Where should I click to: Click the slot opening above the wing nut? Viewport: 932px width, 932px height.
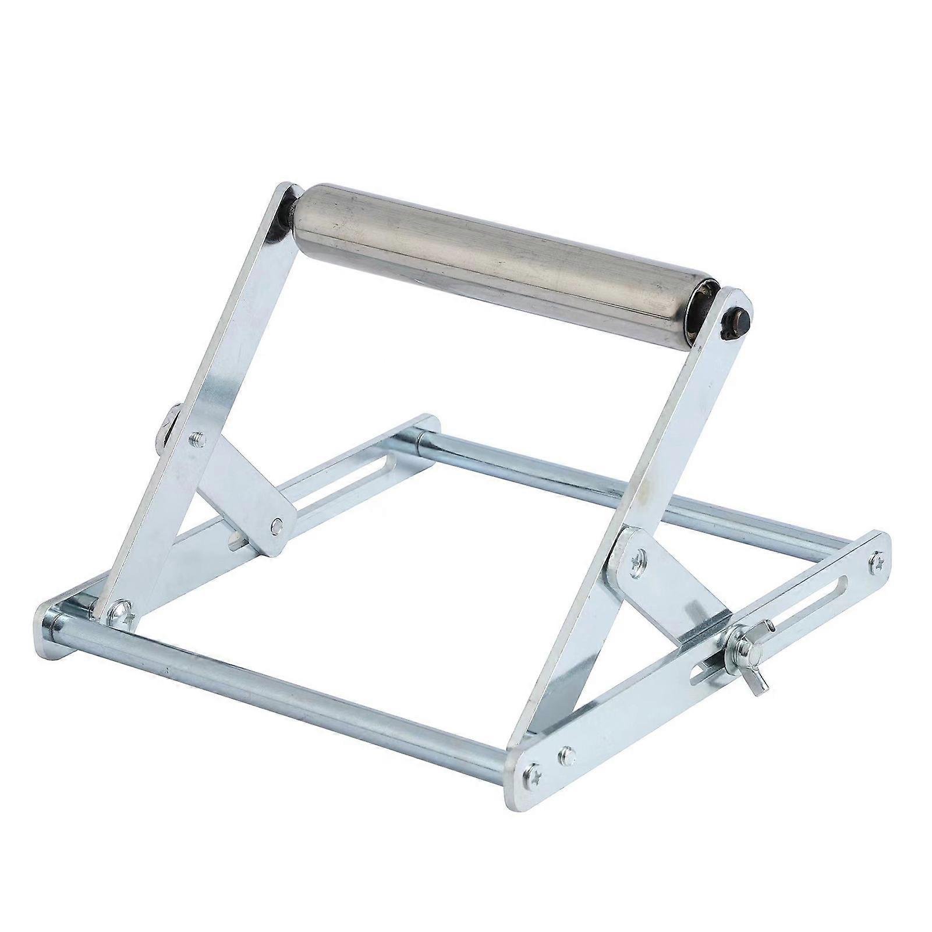coord(803,608)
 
